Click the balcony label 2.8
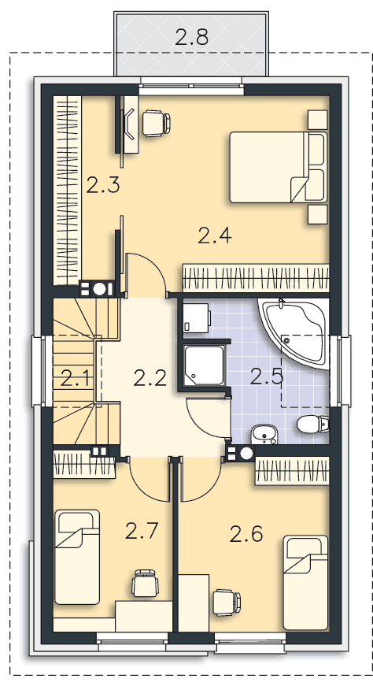point(191,37)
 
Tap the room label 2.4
point(214,235)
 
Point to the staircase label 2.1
point(76,378)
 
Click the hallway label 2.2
point(150,378)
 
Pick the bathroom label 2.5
point(267,376)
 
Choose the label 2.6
point(246,534)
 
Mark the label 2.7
point(142,531)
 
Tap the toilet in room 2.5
point(312,424)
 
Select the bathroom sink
point(264,435)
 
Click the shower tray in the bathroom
point(205,365)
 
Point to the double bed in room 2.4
point(278,167)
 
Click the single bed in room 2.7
point(76,557)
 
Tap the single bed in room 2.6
point(305,582)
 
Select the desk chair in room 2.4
point(155,123)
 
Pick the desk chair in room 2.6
point(227,603)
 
